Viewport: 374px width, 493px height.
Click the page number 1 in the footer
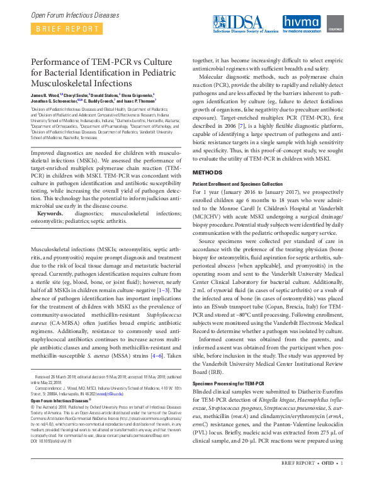[341, 480]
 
